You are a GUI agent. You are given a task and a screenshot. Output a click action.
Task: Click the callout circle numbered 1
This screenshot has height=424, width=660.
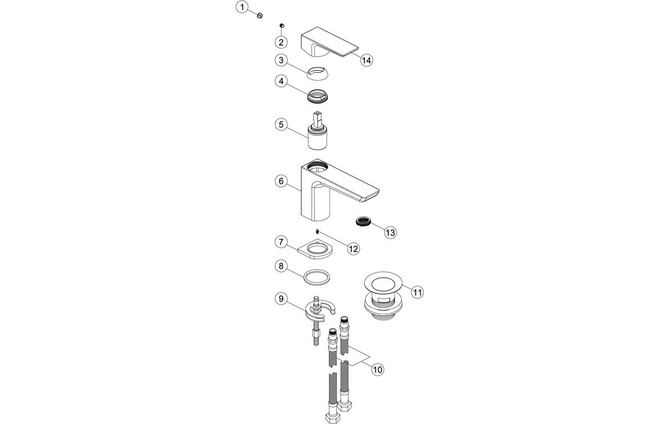pos(243,7)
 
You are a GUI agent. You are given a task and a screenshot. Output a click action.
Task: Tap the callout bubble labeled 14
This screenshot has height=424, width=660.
pos(367,59)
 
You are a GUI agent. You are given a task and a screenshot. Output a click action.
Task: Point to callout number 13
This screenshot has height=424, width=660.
pos(390,233)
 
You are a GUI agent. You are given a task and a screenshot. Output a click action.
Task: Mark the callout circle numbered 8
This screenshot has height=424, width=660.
pos(280,266)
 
